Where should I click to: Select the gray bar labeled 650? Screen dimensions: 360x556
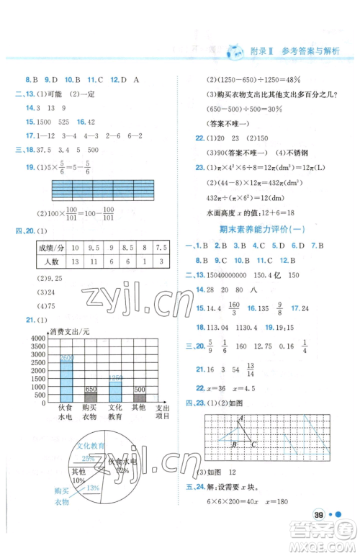[x=91, y=397]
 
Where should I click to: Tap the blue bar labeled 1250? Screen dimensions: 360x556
[x=115, y=390]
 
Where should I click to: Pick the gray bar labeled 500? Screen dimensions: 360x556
[x=140, y=398]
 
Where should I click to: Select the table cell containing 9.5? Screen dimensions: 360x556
[x=94, y=247]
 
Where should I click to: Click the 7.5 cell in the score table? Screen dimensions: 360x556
[x=163, y=247]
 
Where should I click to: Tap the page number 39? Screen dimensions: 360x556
[x=318, y=513]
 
